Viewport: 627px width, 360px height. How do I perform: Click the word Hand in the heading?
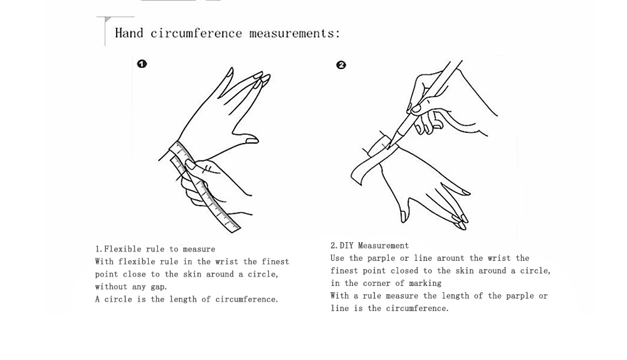129,33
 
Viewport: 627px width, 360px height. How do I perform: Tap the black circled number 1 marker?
142,63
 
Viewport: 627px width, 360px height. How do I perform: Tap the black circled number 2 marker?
341,65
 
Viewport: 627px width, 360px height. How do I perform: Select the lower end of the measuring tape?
233,226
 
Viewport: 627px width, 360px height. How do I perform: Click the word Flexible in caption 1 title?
123,249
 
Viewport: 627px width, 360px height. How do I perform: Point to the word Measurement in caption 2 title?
383,245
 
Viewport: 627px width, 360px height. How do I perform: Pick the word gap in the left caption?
158,287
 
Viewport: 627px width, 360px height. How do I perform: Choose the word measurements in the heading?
294,33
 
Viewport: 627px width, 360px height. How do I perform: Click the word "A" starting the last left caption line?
98,299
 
